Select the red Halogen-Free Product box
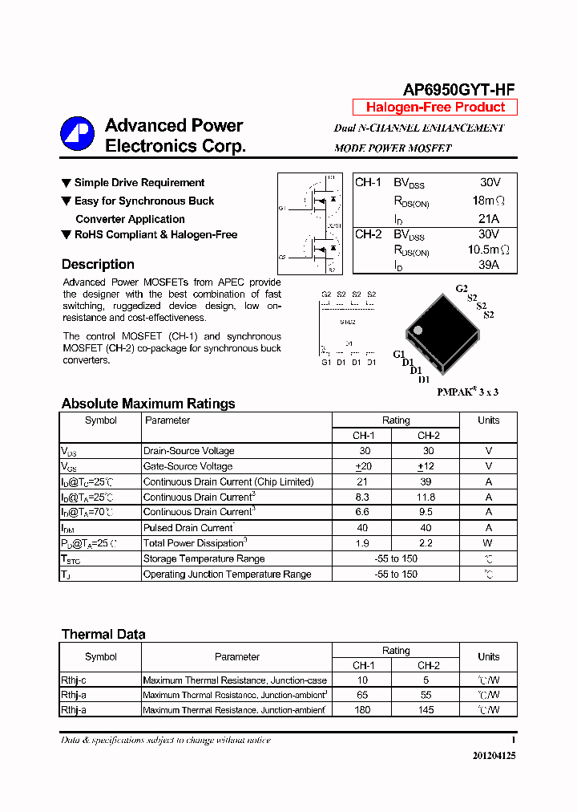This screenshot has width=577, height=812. click(435, 108)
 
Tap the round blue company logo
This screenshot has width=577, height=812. click(78, 135)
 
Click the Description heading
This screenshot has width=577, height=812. click(98, 265)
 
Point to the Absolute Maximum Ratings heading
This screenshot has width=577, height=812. click(148, 404)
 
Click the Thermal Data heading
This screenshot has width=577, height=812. click(103, 635)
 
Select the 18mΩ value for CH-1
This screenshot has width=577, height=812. click(489, 201)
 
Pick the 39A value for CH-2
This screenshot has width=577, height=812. click(489, 264)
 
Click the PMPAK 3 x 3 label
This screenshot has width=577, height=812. click(467, 392)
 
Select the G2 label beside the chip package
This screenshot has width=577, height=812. click(461, 289)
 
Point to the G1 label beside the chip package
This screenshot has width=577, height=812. click(398, 355)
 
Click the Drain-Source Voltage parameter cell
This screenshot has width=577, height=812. click(188, 451)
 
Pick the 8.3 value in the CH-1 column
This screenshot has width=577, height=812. click(363, 497)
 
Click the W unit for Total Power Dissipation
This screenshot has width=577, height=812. click(488, 543)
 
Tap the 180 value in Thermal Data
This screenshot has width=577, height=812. click(363, 710)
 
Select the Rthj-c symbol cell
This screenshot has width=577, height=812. click(74, 680)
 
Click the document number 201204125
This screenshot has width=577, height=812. click(494, 756)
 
